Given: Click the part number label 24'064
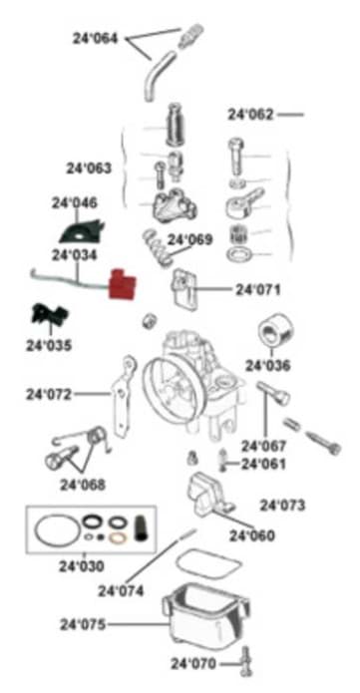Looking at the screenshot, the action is pos(95,39).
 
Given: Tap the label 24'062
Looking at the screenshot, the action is pos(249,115).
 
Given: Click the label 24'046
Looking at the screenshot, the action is pos(74,202).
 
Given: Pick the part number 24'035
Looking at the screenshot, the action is pos(49,346).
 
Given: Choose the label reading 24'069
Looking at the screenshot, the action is pos(189,240).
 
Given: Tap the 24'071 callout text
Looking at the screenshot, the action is pos(257,290).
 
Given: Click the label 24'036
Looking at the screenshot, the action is pos(267,365).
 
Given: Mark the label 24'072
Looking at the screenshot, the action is pos(49,394).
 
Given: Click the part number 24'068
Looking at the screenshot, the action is pos(82,486).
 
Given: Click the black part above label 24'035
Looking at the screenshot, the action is pos(48,316).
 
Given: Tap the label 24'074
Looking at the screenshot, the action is pos(120,590).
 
